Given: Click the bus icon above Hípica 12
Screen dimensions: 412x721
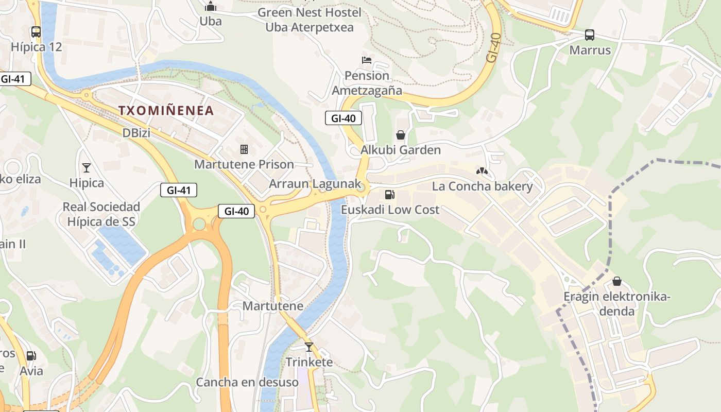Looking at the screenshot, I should click(36, 32).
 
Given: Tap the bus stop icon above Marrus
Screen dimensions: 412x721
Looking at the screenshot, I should click(590, 35).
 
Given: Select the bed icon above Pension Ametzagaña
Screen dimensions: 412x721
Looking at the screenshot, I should click(367, 60).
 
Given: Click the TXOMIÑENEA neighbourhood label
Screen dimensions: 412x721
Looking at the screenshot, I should click(166, 110).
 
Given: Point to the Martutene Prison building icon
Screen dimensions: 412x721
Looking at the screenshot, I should click(244, 149).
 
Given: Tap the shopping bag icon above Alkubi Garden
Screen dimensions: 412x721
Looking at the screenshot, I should click(401, 135).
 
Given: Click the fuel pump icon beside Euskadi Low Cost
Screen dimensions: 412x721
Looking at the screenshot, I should click(390, 195).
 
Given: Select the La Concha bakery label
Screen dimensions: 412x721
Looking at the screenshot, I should click(482, 186).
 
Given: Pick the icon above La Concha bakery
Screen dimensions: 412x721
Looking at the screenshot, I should click(482, 171).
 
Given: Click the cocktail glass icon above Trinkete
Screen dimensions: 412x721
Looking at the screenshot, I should click(309, 347).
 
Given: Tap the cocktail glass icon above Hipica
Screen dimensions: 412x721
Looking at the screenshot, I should click(87, 168).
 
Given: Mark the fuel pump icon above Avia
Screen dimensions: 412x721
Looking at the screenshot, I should click(31, 356).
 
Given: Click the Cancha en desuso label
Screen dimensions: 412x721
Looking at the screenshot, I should click(247, 382).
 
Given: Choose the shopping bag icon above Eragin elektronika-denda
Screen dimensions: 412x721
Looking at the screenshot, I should click(616, 282).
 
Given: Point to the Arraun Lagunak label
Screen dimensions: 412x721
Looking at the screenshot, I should click(315, 184).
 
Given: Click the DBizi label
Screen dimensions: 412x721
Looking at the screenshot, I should click(136, 133).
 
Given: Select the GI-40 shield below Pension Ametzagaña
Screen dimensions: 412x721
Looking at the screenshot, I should click(344, 118).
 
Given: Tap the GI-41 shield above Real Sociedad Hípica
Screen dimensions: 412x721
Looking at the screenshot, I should click(179, 190).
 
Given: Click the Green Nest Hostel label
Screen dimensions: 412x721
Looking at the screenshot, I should click(310, 12).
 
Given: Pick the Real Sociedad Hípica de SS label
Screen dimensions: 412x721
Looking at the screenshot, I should click(101, 214).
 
